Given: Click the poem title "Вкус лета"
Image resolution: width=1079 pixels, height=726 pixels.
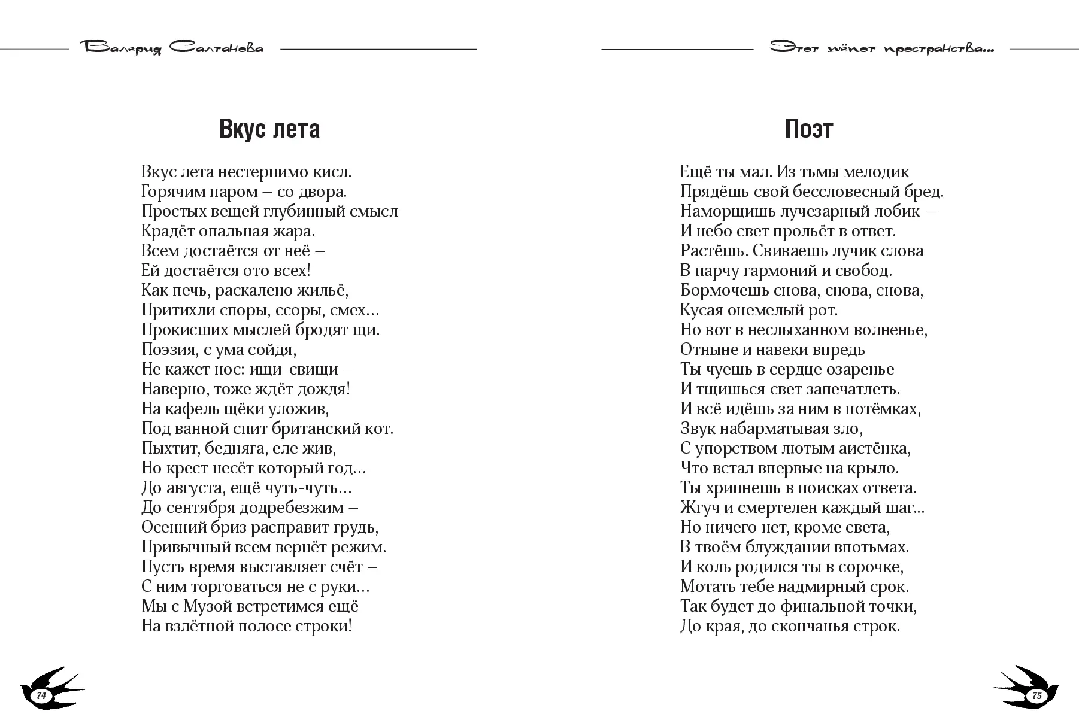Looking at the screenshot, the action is click(x=269, y=129).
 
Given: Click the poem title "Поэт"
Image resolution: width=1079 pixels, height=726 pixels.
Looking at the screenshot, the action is click(x=808, y=129).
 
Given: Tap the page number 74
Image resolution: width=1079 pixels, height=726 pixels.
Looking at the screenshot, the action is click(x=41, y=695).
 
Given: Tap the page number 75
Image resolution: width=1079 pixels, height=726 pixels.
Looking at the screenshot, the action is click(x=1036, y=696).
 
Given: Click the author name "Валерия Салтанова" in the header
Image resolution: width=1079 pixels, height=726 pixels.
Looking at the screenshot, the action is click(x=171, y=48).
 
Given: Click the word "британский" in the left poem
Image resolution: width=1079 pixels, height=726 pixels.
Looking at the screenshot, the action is click(x=316, y=429).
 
